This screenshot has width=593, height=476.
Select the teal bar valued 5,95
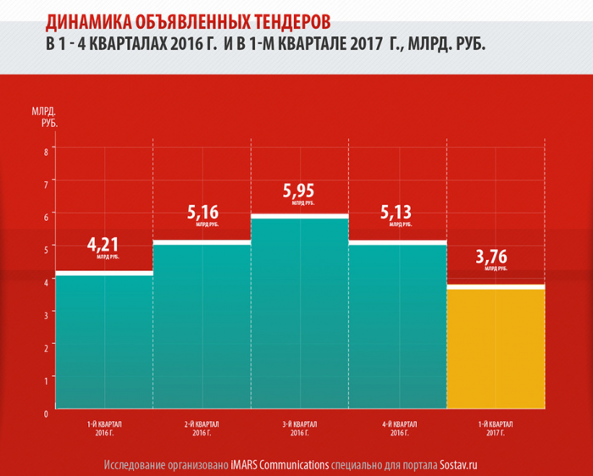click(299, 313)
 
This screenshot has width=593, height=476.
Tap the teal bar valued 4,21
click(103, 340)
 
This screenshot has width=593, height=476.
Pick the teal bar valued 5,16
click(202, 326)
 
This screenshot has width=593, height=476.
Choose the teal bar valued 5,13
click(397, 326)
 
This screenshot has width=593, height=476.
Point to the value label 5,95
click(298, 191)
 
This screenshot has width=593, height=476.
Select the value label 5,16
click(202, 213)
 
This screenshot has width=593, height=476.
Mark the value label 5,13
click(396, 213)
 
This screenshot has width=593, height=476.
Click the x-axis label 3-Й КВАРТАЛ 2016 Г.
click(300, 429)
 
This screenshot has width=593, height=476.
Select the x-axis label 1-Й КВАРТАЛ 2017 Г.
click(496, 429)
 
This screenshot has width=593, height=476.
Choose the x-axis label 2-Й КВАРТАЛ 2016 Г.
click(202, 429)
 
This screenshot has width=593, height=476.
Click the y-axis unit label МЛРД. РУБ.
click(44, 118)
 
